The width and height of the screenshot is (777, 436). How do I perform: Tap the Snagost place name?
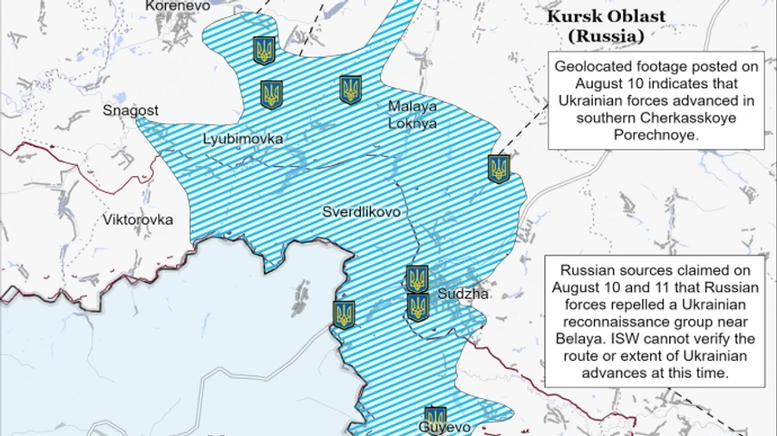click(130, 111)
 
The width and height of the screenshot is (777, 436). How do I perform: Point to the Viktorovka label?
click(137, 219)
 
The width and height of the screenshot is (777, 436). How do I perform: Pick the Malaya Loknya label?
click(413, 115)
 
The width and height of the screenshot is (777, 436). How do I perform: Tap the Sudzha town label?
click(464, 294)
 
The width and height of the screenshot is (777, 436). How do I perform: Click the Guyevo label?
click(445, 427)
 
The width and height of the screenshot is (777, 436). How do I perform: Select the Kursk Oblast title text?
click(604, 17)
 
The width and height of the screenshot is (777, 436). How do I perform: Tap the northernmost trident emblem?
click(264, 50)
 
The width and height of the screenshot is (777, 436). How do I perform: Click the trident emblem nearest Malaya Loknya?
click(350, 90)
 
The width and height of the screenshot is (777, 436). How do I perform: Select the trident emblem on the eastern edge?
click(498, 168)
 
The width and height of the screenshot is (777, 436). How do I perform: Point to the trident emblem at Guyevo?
click(436, 417)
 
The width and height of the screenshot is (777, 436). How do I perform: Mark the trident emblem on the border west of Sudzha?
click(344, 314)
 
